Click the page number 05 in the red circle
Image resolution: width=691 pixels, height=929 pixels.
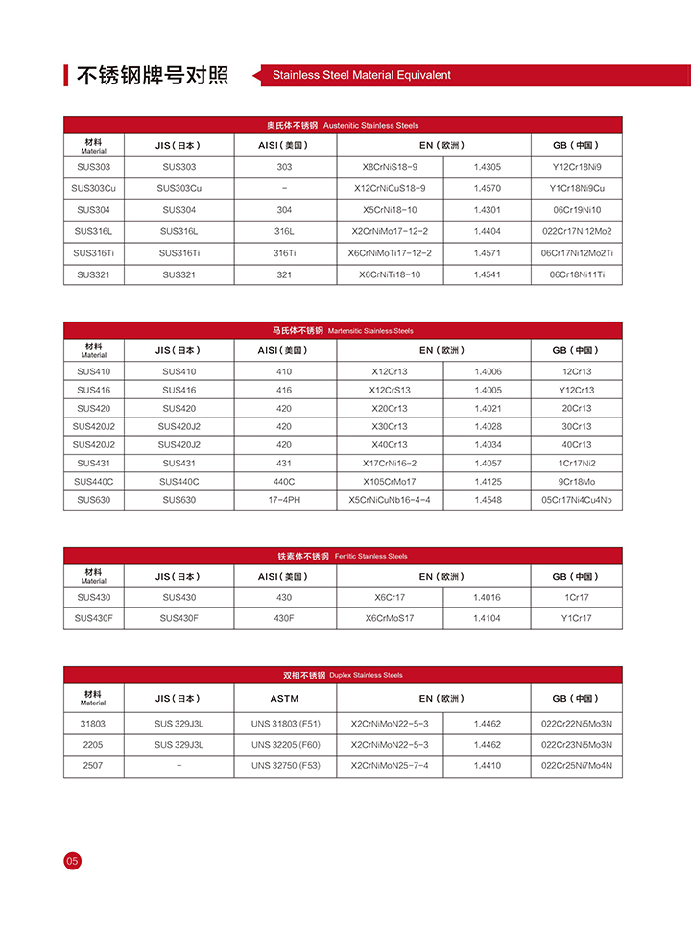(73, 861)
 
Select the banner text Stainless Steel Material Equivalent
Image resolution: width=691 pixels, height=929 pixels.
(361, 75)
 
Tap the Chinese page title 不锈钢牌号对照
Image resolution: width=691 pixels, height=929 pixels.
(153, 75)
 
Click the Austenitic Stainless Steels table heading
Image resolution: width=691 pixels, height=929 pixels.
(343, 126)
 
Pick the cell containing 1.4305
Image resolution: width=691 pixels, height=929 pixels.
(487, 167)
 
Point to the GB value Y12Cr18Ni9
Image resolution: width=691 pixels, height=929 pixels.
(576, 167)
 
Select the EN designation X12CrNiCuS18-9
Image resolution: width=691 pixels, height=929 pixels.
(390, 188)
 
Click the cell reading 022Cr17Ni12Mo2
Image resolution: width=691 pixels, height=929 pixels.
(576, 231)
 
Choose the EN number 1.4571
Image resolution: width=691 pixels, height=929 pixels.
(487, 253)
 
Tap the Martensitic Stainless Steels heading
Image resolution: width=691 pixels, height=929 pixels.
(343, 330)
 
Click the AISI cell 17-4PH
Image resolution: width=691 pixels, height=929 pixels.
(284, 500)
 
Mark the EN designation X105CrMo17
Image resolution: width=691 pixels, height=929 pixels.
(390, 482)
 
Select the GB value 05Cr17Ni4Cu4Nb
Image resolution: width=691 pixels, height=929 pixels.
(576, 500)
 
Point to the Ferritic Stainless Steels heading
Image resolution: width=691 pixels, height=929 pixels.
(343, 556)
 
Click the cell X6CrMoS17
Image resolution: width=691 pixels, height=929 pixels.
(390, 618)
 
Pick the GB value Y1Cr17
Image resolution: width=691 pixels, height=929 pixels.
(576, 618)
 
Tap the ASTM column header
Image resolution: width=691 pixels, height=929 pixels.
(284, 698)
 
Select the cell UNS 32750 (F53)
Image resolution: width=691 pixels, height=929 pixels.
(284, 766)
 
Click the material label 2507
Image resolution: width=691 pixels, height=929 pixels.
(93, 766)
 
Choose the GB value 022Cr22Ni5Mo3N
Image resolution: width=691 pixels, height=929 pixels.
(576, 723)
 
